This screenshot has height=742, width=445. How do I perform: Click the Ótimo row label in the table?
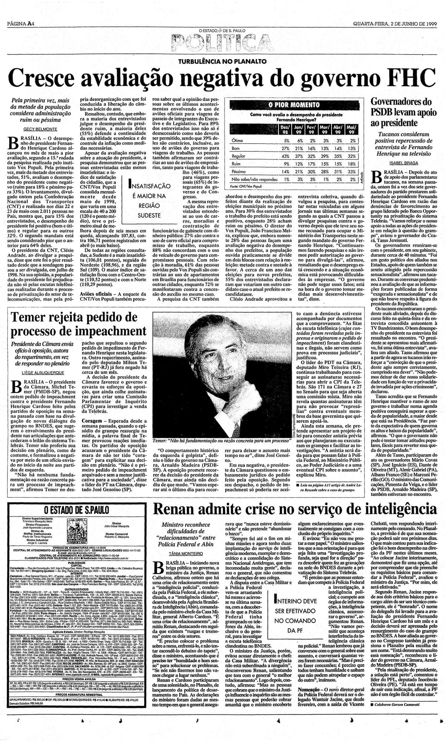[237, 141]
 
